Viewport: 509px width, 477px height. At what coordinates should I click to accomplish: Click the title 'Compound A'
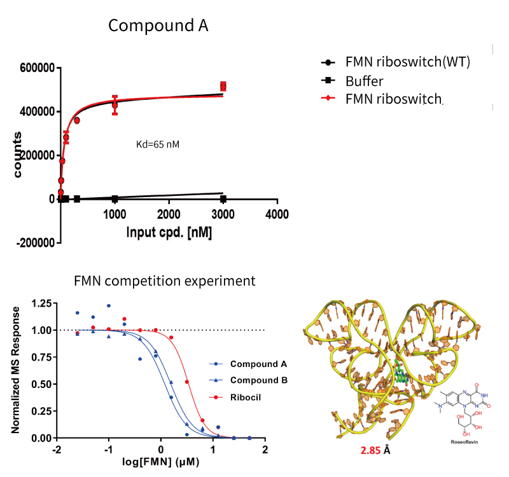[158, 25]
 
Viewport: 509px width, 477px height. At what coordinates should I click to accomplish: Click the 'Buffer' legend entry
[365, 81]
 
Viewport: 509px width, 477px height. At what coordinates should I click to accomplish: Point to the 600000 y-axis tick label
[38, 68]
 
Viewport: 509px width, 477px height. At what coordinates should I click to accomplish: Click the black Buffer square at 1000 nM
[115, 198]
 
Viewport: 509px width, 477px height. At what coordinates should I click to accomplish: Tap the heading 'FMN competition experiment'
[165, 280]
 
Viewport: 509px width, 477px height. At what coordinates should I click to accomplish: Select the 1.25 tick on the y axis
[41, 303]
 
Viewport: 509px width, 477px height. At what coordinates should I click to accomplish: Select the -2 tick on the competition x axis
[56, 449]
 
